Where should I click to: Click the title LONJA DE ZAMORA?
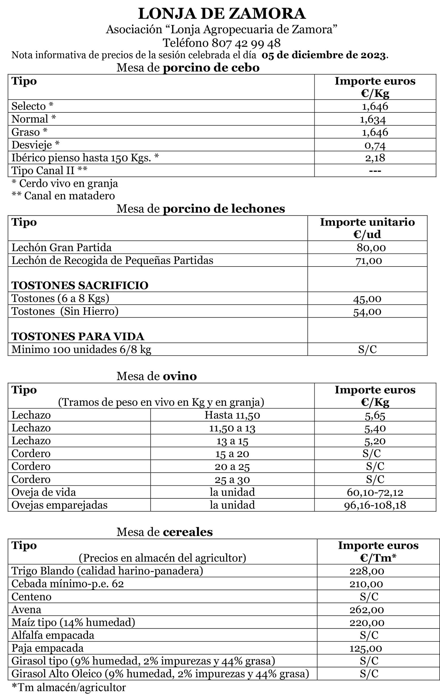pos(222,14)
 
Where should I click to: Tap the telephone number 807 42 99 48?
pos(246,43)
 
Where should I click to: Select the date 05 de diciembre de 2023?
pos(324,55)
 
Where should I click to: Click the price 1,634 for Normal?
pos(373,119)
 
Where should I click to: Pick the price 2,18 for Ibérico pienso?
pos(375,158)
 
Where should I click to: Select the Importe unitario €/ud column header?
pos(367,228)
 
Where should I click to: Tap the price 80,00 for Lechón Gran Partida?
pos(371,248)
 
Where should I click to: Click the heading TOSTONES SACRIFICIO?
pos(80,285)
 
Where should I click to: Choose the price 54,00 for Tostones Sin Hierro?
pos(367,312)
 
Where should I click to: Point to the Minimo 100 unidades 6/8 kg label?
pos(81,350)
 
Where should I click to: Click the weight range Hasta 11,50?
pos(232,415)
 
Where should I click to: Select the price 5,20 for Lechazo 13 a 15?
pos(375,441)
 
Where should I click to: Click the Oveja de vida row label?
pos(43,492)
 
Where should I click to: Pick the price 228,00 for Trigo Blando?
pos(367,571)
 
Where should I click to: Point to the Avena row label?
pos(26,610)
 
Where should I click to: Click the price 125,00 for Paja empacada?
pos(365,648)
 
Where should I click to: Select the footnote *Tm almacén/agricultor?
pos(68,687)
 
